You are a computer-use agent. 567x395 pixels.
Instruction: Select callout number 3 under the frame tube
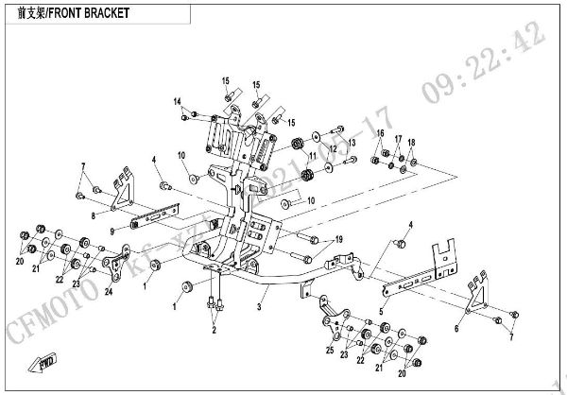[259, 307]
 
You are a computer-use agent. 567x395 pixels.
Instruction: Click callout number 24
[109, 292]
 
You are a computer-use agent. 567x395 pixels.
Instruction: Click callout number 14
[176, 101]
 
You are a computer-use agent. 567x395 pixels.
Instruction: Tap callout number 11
[312, 154]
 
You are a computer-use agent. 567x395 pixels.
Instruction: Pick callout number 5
[381, 309]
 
